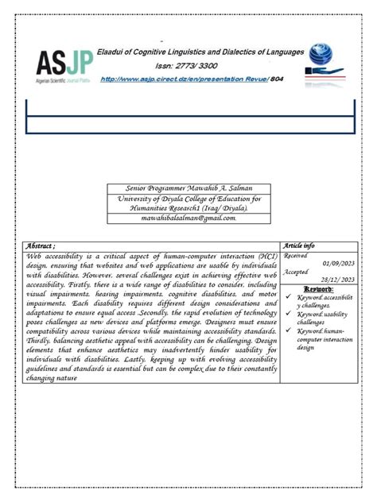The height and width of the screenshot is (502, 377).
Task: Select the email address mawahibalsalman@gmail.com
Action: (188, 217)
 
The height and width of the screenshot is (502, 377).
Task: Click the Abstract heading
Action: (41, 247)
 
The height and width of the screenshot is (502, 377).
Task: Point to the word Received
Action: (297, 256)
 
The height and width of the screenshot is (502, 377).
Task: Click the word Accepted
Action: (297, 272)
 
